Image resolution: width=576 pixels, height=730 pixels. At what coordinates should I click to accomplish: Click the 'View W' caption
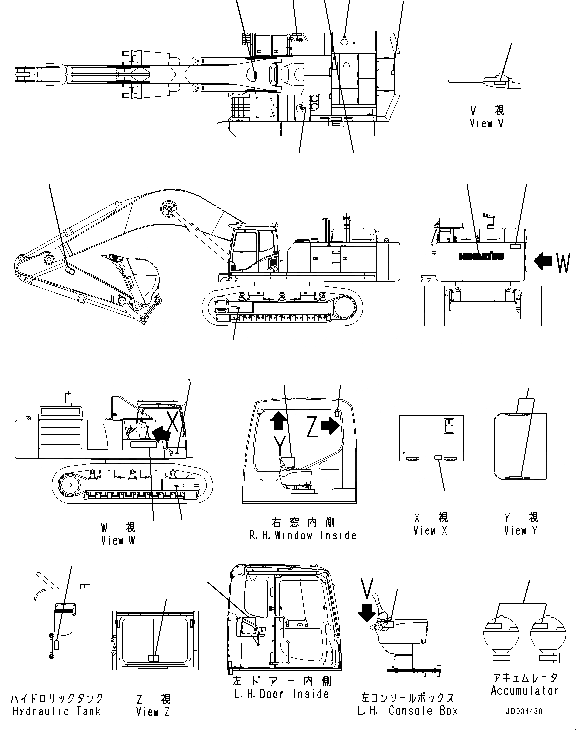118,540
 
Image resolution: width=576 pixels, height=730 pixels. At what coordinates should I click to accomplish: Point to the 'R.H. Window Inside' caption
303,535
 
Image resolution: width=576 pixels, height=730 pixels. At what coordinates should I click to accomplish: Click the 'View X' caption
430,531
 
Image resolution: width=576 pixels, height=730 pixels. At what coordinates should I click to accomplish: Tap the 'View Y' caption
521,531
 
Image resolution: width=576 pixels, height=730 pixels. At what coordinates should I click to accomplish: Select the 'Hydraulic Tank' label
56,711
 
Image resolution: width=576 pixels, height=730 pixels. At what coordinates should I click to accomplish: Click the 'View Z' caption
153,712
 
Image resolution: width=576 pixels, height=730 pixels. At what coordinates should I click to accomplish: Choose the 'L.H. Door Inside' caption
281,694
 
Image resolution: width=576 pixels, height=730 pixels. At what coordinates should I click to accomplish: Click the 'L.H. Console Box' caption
407,710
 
